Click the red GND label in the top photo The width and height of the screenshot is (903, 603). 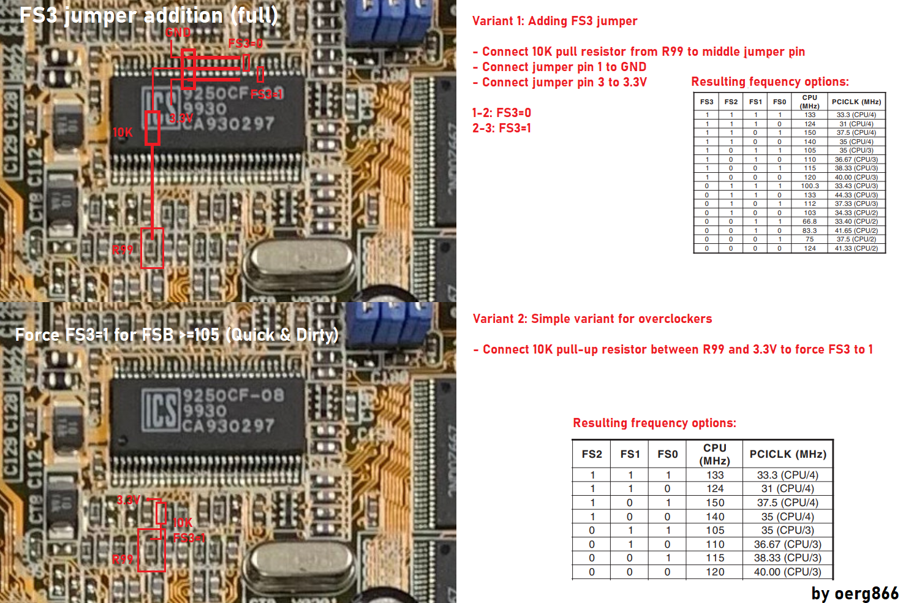(178, 32)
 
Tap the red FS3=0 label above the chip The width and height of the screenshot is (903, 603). (245, 44)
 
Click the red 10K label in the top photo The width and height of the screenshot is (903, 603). (123, 132)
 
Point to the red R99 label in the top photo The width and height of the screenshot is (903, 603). (123, 249)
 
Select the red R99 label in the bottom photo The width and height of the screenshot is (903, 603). (123, 559)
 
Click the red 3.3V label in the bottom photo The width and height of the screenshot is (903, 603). (129, 500)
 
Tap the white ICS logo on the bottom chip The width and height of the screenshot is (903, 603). (161, 409)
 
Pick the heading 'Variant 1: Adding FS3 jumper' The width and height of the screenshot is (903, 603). (554, 21)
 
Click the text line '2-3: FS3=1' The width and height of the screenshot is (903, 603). (502, 128)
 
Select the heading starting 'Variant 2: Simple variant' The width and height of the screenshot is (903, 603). (592, 319)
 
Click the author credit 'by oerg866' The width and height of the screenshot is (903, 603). (855, 593)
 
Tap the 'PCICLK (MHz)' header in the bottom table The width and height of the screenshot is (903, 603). (788, 454)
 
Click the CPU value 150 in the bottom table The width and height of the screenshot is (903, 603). (715, 502)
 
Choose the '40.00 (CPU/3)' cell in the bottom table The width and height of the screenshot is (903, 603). (787, 572)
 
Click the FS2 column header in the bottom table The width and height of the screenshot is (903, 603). (592, 454)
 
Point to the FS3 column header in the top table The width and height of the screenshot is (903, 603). (707, 102)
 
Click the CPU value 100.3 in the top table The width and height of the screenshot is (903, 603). (810, 186)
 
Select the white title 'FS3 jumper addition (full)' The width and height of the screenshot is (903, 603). (148, 15)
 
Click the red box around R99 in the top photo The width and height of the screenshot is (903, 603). (153, 248)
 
